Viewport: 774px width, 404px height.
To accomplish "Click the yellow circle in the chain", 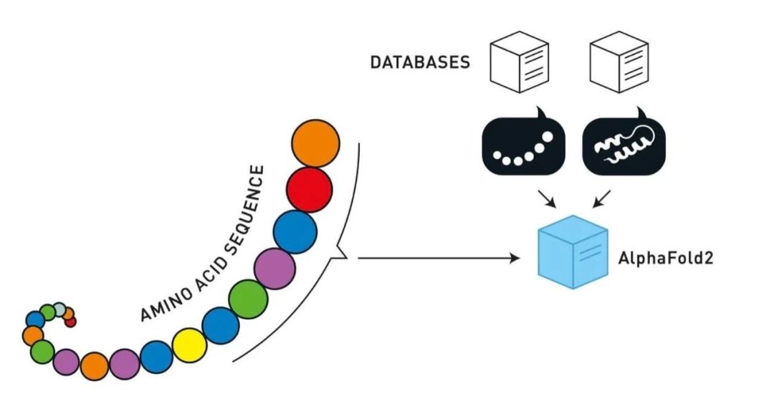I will (x=190, y=345).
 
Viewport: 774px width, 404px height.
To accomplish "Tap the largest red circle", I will (x=309, y=189).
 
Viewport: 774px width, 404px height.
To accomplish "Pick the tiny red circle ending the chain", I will (x=70, y=322).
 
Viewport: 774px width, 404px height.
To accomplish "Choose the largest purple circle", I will (x=274, y=268).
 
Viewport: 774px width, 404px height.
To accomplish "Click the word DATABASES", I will (x=420, y=62).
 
